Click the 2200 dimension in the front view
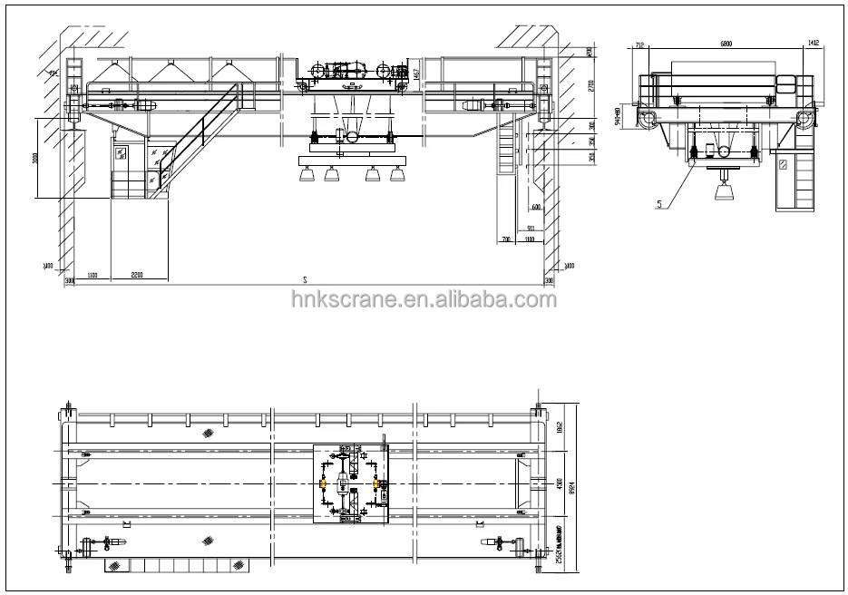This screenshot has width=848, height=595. pos(136,273)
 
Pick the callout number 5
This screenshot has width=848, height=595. pos(659,203)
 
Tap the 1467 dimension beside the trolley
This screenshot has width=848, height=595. pos(414,78)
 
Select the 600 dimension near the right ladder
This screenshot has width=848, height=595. pos(537,208)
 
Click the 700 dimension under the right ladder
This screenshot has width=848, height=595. pos(505,240)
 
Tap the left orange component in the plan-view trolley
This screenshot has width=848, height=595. pos(323,484)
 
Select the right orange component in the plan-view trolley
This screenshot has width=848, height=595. pos(375,484)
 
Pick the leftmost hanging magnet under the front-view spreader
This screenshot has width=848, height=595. pos(306,177)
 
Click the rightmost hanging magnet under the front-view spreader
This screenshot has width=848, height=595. pos(396,177)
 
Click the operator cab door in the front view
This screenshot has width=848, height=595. pos(122,158)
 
